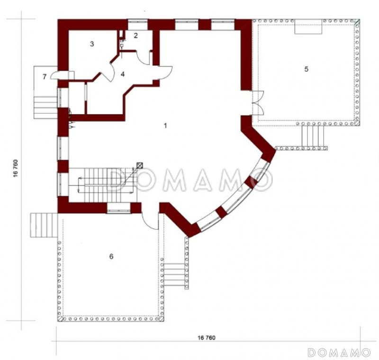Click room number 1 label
pyautogui.click(x=165, y=126)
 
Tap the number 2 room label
pyautogui.click(x=135, y=36)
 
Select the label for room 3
pyautogui.click(x=92, y=44)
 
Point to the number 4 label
pyautogui.click(x=123, y=74)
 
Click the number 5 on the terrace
pyautogui.click(x=306, y=69)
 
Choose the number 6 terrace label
pyautogui.click(x=111, y=256)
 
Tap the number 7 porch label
pyautogui.click(x=44, y=77)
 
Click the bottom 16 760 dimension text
pyautogui.click(x=207, y=338)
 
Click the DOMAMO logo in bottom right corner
pyautogui.click(x=339, y=352)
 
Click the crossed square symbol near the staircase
pyautogui.click(x=140, y=165)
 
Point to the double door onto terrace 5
pyautogui.click(x=258, y=103)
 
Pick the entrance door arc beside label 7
pyautogui.click(x=60, y=75)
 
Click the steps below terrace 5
pyautogui.click(x=313, y=136)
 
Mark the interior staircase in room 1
pyautogui.click(x=102, y=185)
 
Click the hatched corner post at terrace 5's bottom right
pyautogui.click(x=357, y=123)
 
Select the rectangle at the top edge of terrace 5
pyautogui.click(x=308, y=27)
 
